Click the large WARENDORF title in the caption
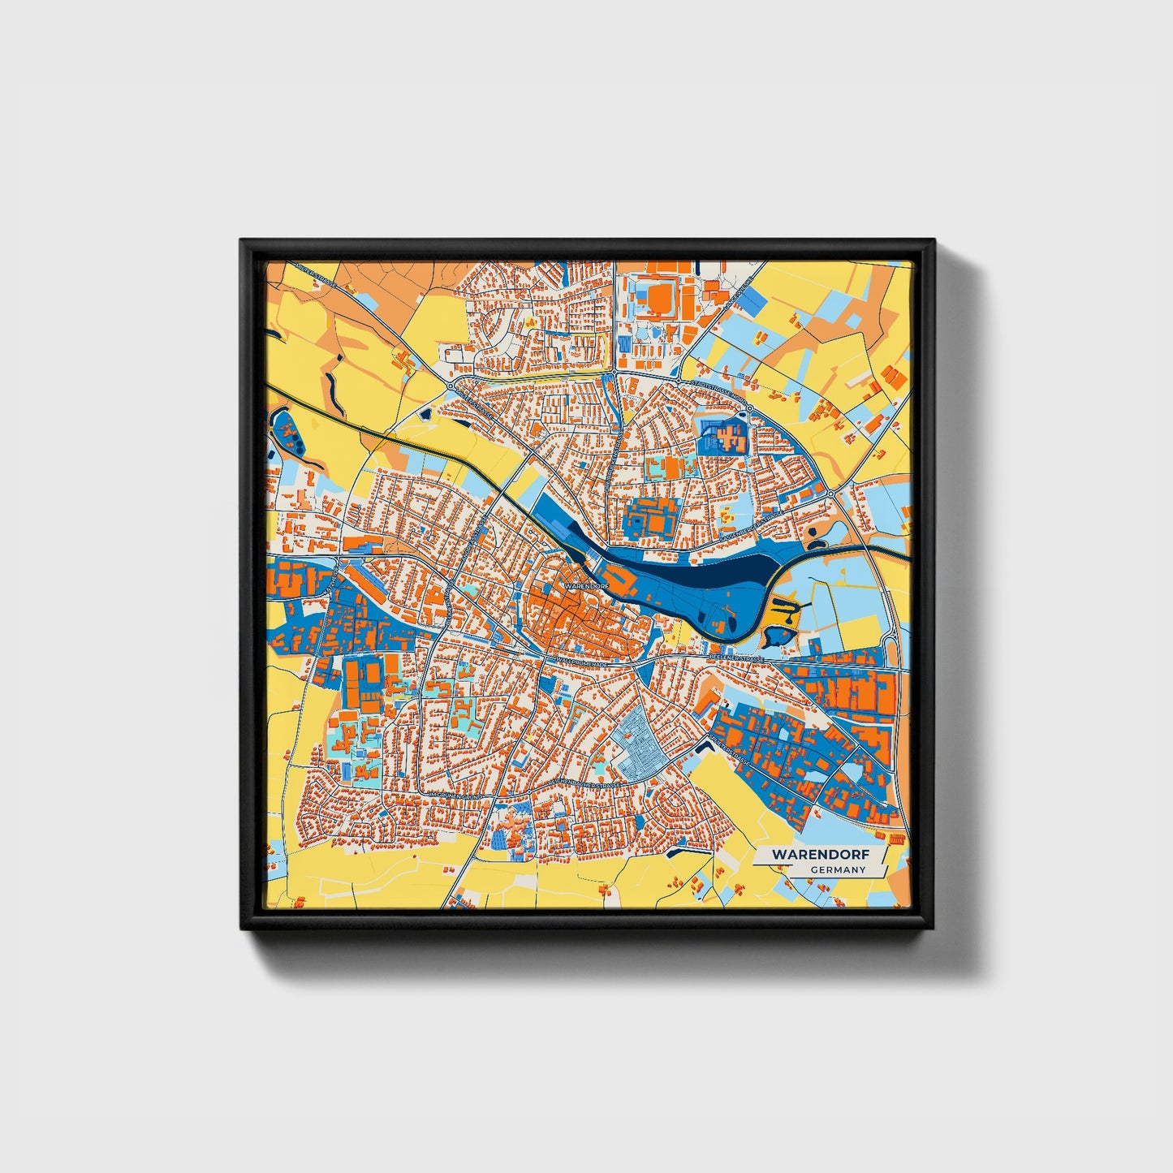pyautogui.click(x=821, y=854)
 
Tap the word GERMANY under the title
pyautogui.click(x=838, y=870)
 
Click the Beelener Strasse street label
pyautogui.click(x=736, y=657)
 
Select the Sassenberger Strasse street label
pyautogui.click(x=752, y=528)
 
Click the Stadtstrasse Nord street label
pyautogui.click(x=714, y=390)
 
